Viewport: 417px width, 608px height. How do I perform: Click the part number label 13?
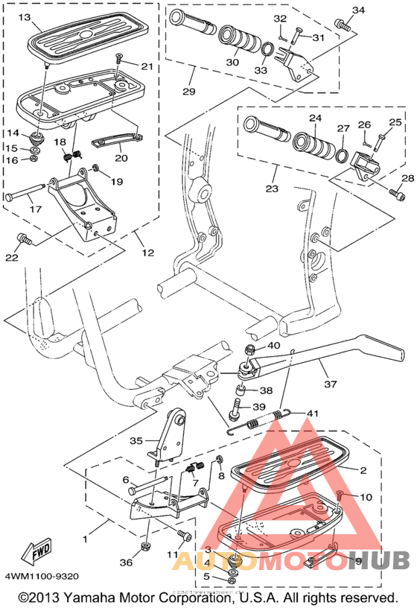point(24,17)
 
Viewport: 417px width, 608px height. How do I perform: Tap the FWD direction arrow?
point(36,551)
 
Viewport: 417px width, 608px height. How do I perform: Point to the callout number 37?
point(330,384)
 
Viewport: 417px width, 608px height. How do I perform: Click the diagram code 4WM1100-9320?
point(42,576)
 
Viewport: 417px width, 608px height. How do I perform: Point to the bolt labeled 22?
point(25,239)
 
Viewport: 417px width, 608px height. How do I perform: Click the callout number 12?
point(147,253)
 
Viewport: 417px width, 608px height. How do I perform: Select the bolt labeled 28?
point(397,194)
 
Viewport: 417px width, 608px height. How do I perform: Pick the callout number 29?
point(188,92)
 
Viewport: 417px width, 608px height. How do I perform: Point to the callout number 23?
point(272,189)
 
